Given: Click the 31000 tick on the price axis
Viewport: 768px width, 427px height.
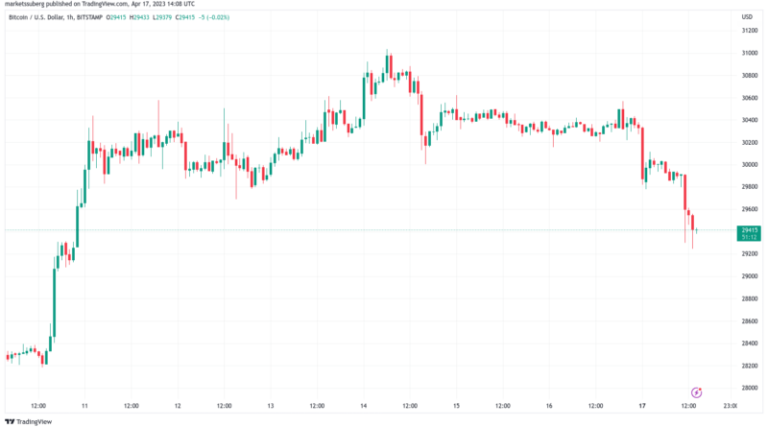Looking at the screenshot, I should [748, 30].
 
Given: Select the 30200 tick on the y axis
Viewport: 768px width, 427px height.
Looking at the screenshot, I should [748, 142].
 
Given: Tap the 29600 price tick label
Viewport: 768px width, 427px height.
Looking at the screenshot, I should [748, 209].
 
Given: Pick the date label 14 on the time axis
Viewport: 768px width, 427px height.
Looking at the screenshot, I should [364, 406].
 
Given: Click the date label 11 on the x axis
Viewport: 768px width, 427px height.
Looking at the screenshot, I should [84, 406].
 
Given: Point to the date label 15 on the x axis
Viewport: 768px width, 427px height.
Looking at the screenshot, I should [456, 406].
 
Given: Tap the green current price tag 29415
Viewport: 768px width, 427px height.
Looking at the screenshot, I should [749, 229].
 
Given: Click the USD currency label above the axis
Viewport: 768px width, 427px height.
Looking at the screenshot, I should [747, 16].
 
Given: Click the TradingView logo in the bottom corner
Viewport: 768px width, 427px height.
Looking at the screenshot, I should [28, 421].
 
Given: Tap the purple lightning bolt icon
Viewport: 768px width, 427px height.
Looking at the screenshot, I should [697, 392].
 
